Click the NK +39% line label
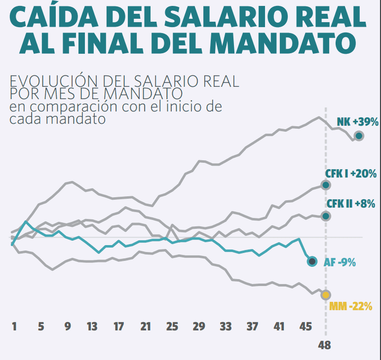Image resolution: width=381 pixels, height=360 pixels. (357, 122)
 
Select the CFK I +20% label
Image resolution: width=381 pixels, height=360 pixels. (351, 174)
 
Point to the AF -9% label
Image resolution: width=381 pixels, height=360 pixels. (340, 262)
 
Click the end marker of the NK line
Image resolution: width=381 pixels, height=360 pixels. (359, 136)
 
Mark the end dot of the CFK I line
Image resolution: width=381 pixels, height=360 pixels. (325, 185)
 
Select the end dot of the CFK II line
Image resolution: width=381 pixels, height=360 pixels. (325, 216)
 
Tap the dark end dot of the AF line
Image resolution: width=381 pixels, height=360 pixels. (312, 261)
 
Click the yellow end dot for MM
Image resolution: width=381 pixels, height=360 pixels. (325, 295)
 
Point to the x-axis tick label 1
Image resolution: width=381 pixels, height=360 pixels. (14, 326)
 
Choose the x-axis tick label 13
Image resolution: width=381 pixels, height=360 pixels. (92, 326)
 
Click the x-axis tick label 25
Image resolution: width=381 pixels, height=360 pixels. (172, 326)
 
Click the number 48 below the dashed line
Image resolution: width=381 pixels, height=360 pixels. (324, 345)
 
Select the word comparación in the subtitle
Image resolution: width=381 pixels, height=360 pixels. (68, 107)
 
